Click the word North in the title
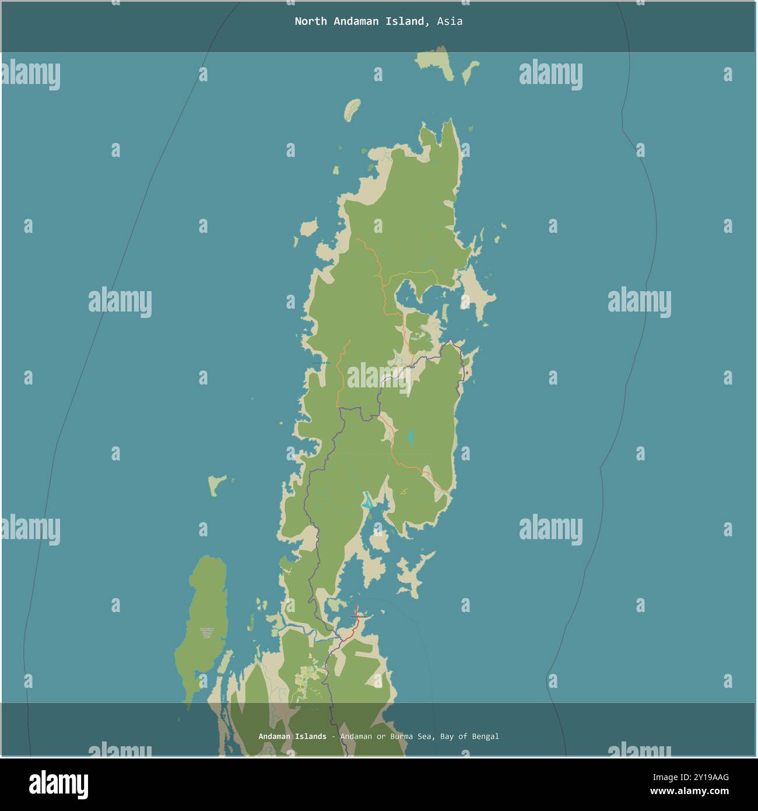click(x=310, y=22)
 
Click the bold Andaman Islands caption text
click(x=292, y=736)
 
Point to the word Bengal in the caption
click(x=484, y=736)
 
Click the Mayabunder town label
click(x=360, y=616)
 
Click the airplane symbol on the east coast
click(x=467, y=373)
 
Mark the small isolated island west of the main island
click(x=217, y=485)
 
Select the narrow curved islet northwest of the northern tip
click(x=351, y=109)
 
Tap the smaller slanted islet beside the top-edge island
click(x=468, y=74)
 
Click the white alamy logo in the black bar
click(x=59, y=784)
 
